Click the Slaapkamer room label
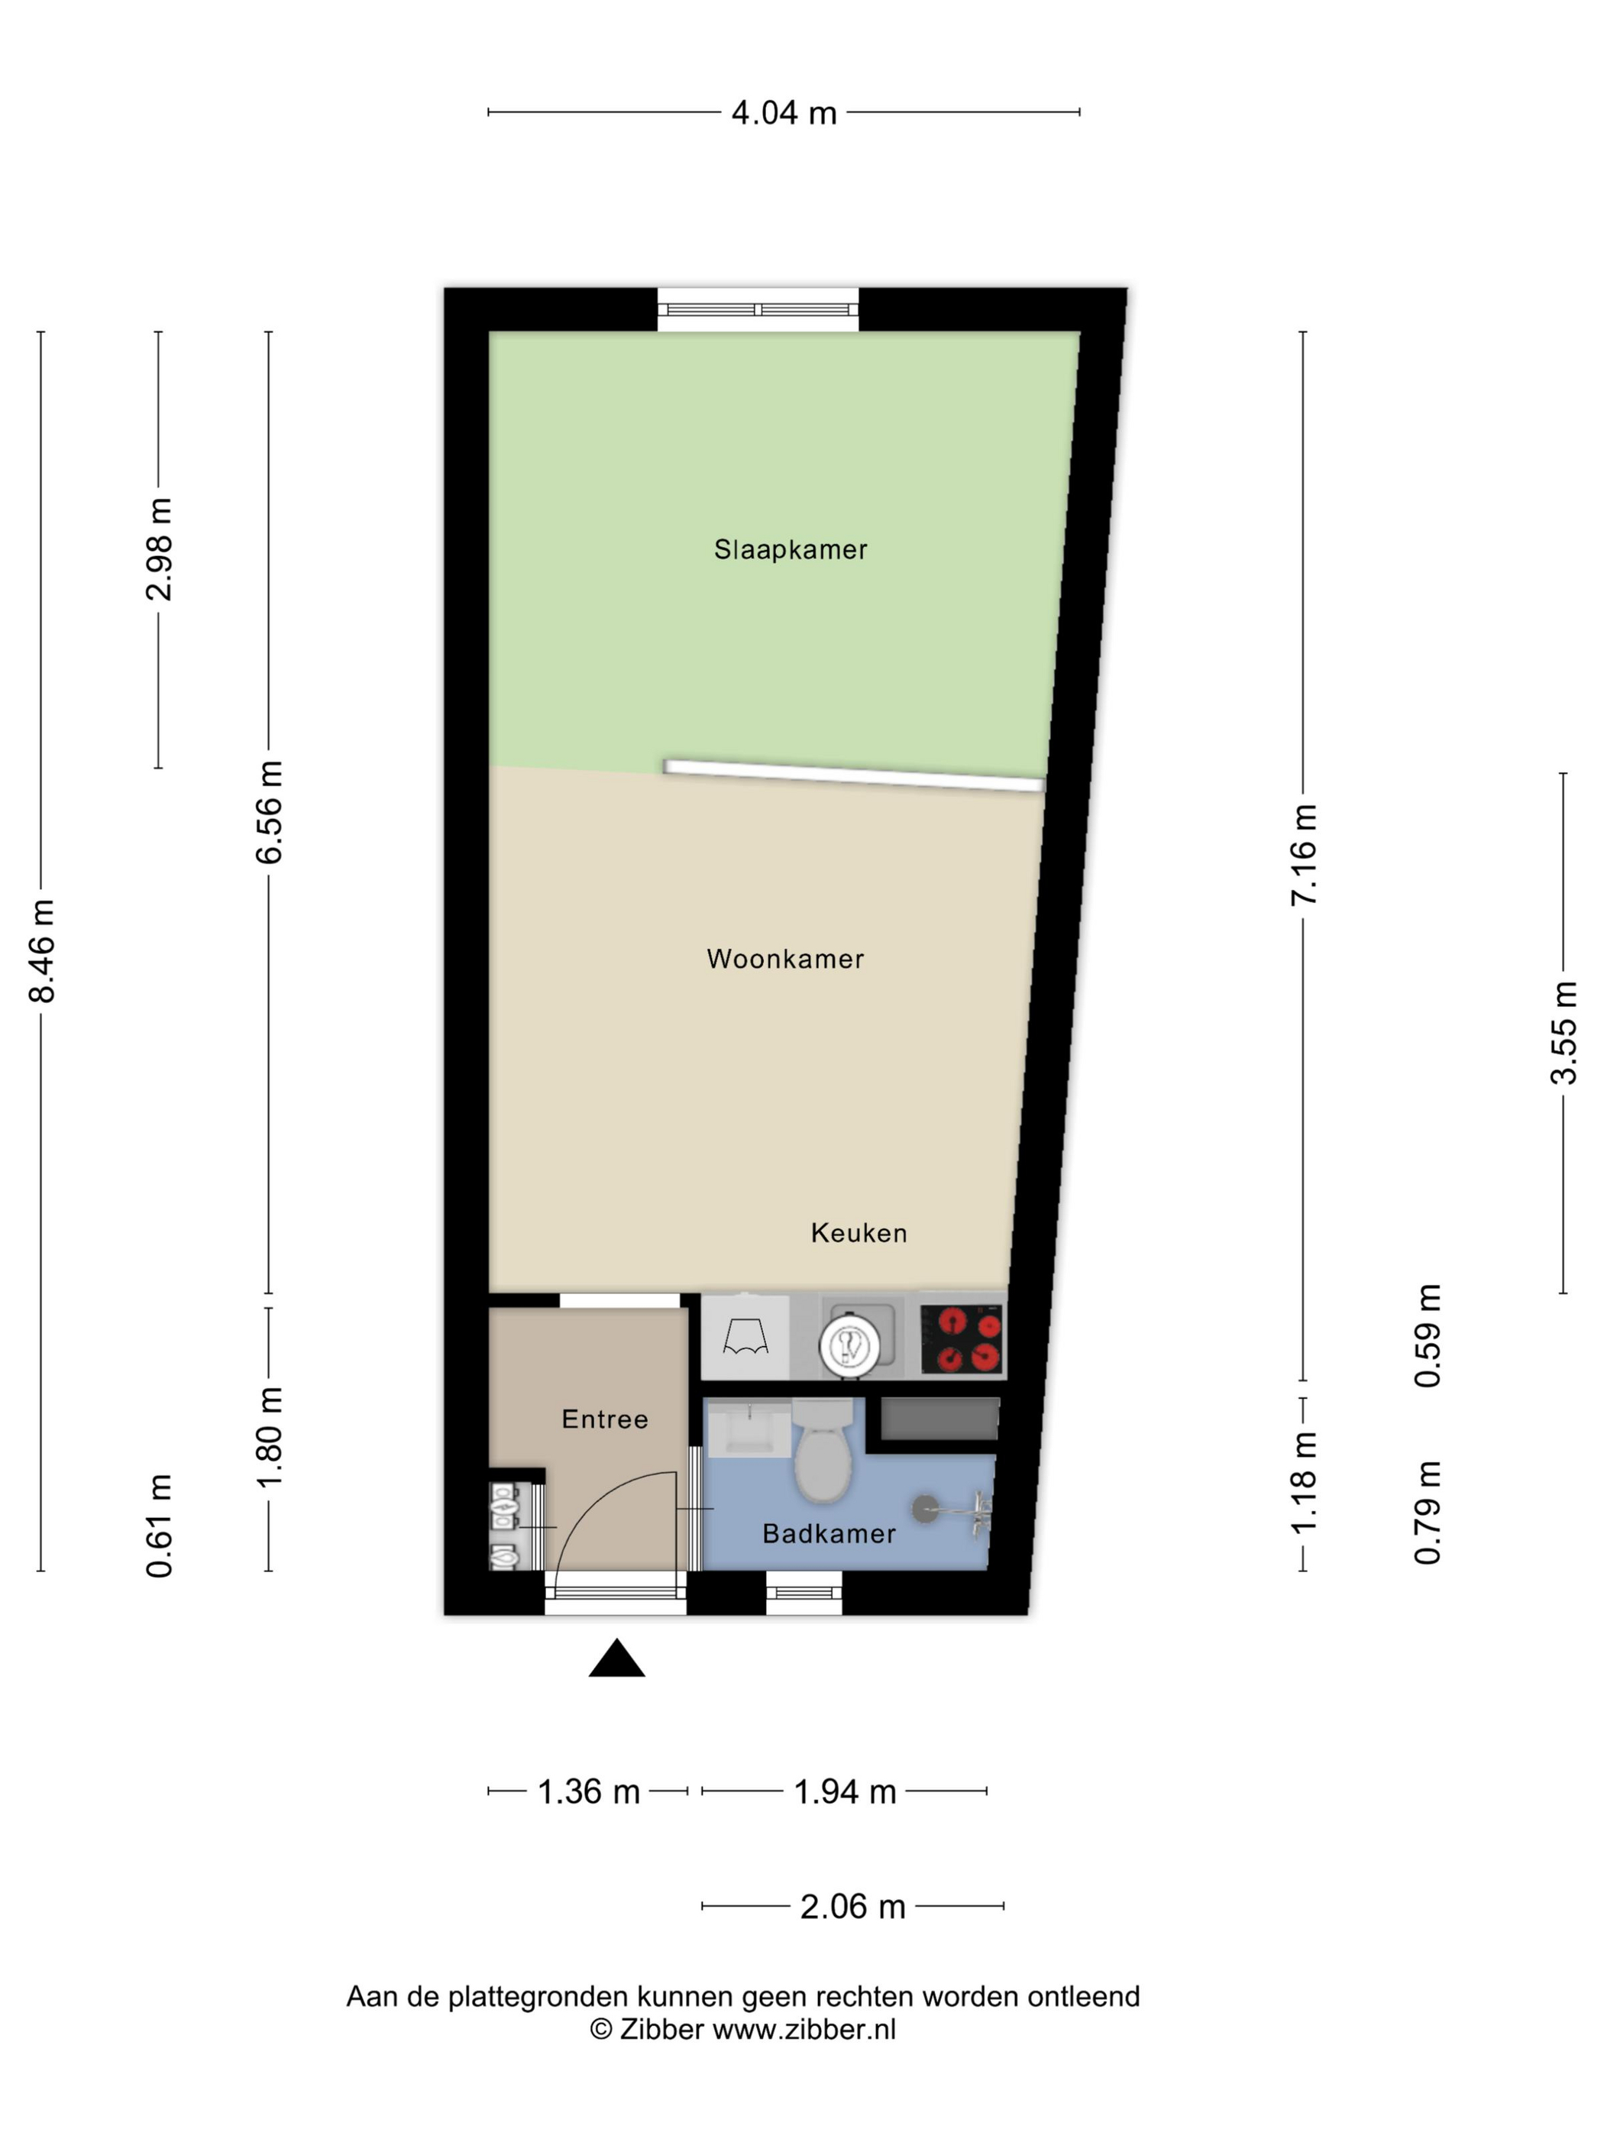[x=790, y=549]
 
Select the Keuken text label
[x=859, y=1233]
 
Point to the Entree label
[x=604, y=1419]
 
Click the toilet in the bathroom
[x=823, y=1449]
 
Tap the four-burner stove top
[x=961, y=1338]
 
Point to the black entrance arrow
[x=617, y=1658]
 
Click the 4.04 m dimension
[x=783, y=113]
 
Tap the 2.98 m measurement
[x=160, y=549]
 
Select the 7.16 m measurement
[x=1303, y=855]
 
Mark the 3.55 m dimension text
[x=1564, y=1033]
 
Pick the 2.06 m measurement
[x=852, y=1906]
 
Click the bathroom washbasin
[x=749, y=1429]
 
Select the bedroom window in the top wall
[x=758, y=309]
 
